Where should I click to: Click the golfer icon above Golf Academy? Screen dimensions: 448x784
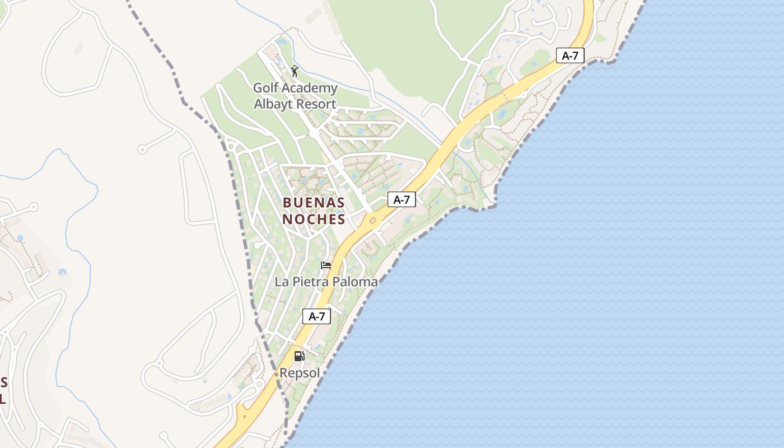pyautogui.click(x=295, y=71)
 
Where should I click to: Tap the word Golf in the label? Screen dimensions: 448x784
pyautogui.click(x=265, y=88)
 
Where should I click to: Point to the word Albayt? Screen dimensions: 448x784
pyautogui.click(x=273, y=104)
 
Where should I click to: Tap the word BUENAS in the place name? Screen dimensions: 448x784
pyautogui.click(x=314, y=202)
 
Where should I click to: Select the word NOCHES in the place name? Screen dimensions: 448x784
pyautogui.click(x=314, y=219)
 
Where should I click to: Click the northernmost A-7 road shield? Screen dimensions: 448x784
pyautogui.click(x=570, y=55)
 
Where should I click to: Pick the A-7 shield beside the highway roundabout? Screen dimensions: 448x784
pyautogui.click(x=402, y=199)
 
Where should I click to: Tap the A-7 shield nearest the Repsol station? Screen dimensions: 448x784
pyautogui.click(x=317, y=316)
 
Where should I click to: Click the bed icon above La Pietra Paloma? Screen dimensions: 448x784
pyautogui.click(x=326, y=265)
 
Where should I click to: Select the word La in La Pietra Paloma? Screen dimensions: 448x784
pyautogui.click(x=281, y=282)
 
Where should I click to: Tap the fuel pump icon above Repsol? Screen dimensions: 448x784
pyautogui.click(x=300, y=356)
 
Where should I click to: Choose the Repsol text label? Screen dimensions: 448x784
pyautogui.click(x=300, y=373)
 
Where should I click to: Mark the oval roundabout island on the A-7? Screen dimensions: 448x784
pyautogui.click(x=372, y=221)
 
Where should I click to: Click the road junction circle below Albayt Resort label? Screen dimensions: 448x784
pyautogui.click(x=313, y=134)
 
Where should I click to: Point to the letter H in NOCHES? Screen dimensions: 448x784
pyautogui.click(x=325, y=219)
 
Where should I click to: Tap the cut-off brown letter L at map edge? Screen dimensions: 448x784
pyautogui.click(x=3, y=399)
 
